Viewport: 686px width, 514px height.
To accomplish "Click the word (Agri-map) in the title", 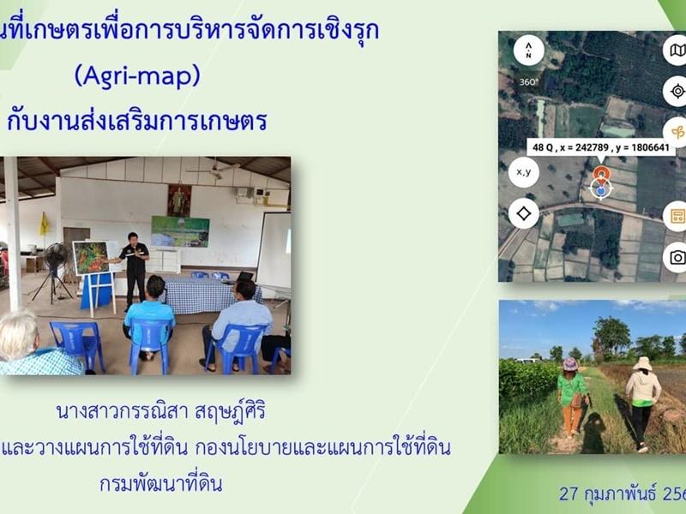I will click(x=137, y=76).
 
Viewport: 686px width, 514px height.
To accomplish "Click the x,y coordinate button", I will click(x=524, y=171).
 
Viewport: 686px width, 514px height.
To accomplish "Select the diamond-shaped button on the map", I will click(x=524, y=212).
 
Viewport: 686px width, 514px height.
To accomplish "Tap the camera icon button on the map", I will click(x=677, y=256).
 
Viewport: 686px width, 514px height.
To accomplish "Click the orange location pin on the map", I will click(x=601, y=174).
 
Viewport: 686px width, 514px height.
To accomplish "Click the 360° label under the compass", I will click(x=528, y=82).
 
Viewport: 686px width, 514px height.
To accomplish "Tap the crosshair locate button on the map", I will click(x=677, y=91).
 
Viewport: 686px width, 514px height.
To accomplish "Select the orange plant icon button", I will click(x=677, y=132).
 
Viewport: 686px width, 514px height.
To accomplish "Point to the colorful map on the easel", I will click(x=91, y=257).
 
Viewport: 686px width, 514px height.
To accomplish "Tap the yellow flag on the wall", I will click(x=44, y=224).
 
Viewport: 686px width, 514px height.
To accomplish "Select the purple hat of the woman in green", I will click(x=570, y=364).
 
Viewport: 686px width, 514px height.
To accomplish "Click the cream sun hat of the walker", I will click(x=641, y=363).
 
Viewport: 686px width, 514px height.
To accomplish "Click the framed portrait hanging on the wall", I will click(x=178, y=200).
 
